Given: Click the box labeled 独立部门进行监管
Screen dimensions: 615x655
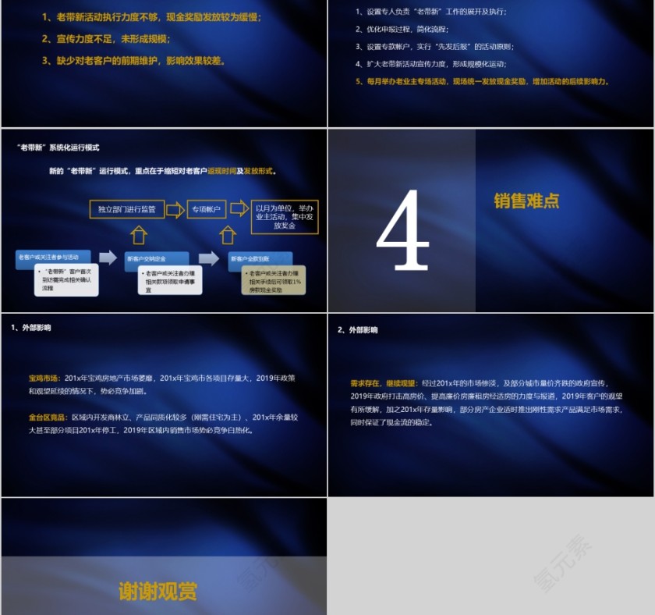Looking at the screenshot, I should click(126, 209).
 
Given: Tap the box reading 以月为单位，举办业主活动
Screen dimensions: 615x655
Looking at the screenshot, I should click(285, 216).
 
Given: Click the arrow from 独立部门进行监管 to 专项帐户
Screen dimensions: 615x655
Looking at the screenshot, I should click(175, 209).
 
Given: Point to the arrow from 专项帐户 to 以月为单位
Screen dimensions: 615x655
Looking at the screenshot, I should click(239, 208).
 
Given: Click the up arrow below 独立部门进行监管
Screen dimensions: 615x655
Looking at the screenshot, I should click(138, 234).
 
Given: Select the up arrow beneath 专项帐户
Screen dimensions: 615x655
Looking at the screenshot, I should click(228, 234).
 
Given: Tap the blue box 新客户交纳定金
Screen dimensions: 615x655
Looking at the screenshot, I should click(156, 258).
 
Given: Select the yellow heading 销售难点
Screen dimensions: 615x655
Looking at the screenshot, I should click(526, 201).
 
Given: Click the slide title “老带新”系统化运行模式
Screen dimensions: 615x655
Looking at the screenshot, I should click(58, 148).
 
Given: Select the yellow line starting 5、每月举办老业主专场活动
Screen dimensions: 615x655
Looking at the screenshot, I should click(482, 81).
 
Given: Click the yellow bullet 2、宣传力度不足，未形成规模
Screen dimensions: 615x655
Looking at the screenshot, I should click(106, 38).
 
